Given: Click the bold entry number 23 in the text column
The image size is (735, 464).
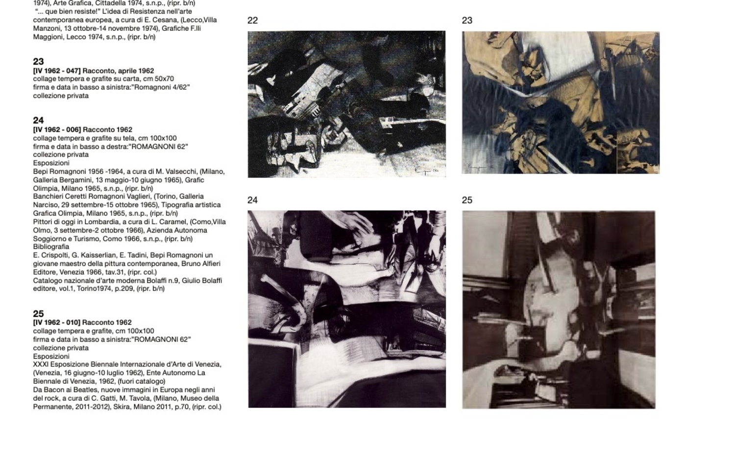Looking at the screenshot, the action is point(38,62).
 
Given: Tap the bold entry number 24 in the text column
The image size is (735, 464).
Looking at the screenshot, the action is point(38,120).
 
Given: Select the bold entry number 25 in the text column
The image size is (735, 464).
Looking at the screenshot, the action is point(38,314).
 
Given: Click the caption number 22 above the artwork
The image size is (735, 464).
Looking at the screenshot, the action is point(253,21).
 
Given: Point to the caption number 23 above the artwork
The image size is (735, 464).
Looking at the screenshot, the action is point(467,21).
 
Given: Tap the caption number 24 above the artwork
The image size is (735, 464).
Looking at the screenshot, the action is point(253,200).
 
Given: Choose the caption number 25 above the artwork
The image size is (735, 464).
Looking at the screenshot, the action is point(467,200).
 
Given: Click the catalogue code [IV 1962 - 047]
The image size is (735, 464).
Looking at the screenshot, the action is point(57,71).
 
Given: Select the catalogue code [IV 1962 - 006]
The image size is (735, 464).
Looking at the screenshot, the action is point(57,129).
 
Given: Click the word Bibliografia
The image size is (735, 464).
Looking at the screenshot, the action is point(51,247).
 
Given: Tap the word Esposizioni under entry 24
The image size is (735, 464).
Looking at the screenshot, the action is point(51,163).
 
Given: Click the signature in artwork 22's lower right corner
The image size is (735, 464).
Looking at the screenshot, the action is point(427,170).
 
